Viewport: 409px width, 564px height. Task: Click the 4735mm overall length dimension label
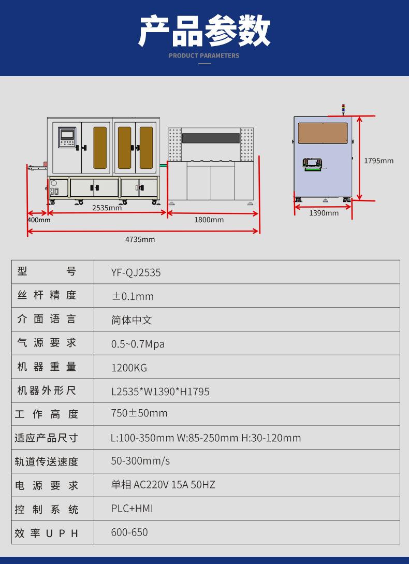point(140,239)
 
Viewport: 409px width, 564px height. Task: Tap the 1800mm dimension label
point(209,220)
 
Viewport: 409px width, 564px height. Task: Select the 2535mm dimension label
point(107,208)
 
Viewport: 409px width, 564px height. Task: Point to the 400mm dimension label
point(39,220)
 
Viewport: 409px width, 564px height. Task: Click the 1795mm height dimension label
point(378,161)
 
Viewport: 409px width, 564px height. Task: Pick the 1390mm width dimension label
point(324,213)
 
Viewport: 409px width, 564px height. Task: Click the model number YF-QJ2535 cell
point(136,272)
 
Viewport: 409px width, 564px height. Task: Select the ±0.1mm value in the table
point(133,296)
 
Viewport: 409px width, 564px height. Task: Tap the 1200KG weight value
point(129,368)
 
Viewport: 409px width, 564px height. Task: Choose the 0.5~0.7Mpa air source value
point(138,344)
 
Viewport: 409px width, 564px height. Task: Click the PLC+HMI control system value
point(132,509)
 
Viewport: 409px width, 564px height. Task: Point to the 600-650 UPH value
point(129,532)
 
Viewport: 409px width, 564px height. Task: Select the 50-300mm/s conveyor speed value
point(140,461)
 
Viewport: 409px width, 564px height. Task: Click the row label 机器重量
point(47,367)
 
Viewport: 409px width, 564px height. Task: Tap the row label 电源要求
point(47,486)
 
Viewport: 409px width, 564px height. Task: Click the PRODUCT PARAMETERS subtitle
point(204,55)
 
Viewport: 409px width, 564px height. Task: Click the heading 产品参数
point(204,31)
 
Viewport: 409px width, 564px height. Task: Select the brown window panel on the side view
point(322,133)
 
